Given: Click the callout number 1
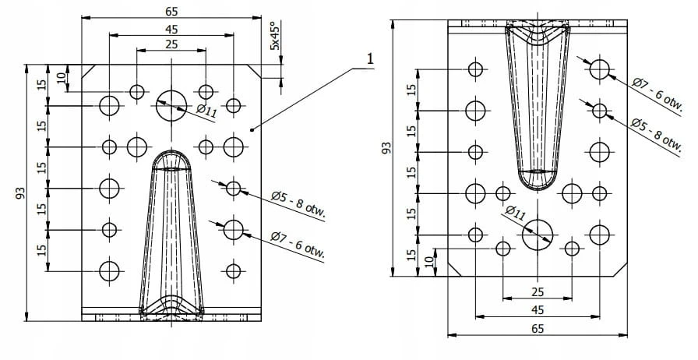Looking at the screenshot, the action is pos(369,58).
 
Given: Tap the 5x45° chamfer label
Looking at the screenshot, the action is pos(275,36).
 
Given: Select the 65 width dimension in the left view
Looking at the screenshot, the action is pos(171,12).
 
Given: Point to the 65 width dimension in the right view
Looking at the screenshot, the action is pos(538,329).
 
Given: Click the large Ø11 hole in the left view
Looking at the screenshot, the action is pos(171,106).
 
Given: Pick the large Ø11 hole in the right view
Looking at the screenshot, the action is pos(538,235).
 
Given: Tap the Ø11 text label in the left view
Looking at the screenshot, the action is pos(206,111).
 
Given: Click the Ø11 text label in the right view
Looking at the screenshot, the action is pos(515,213).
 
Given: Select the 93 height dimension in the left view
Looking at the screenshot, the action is pos(20,193).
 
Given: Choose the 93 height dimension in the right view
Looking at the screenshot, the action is pos(386,147).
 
